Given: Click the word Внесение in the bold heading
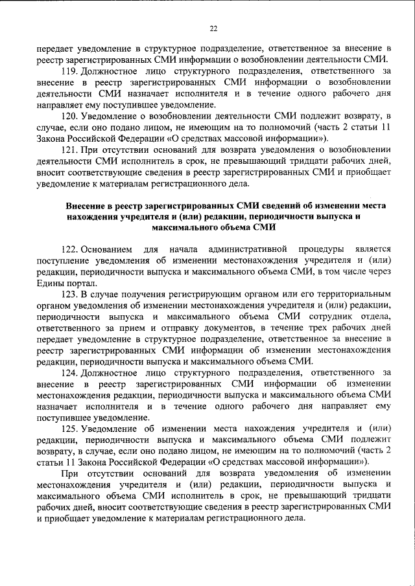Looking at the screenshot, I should pos(86,205).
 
